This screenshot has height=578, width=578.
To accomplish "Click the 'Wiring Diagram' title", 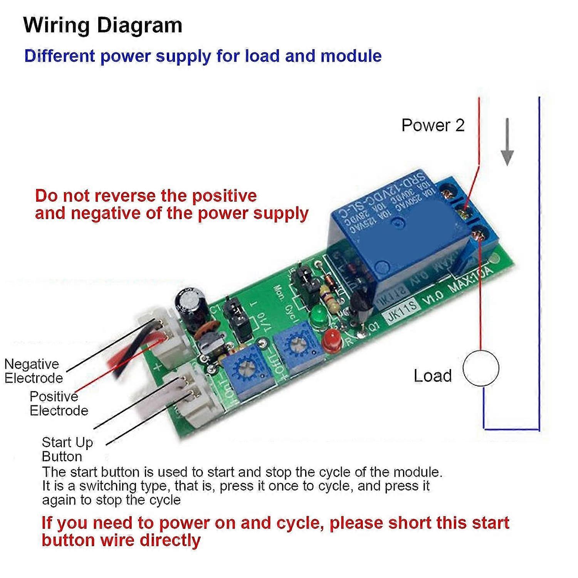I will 102,25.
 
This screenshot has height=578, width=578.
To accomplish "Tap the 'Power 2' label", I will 433,125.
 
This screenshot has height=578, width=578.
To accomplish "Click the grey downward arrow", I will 507,143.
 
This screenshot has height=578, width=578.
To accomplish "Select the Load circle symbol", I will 481,368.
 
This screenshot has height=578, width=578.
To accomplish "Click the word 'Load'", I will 432,376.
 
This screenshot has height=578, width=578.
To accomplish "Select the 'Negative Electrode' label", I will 33,371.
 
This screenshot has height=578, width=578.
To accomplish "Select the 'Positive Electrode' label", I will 59,403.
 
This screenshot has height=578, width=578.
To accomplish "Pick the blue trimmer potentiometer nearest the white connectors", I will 247,368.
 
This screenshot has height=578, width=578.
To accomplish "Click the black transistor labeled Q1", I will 361,306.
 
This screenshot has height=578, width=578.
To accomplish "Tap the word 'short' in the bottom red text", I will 410,523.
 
